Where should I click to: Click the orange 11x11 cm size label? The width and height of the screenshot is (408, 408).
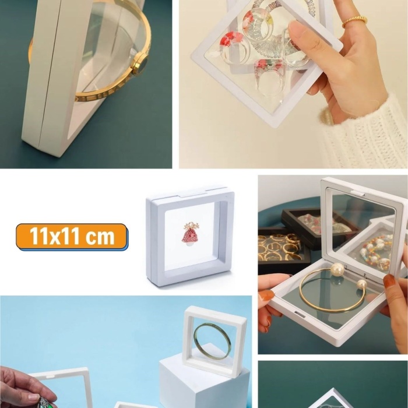point(72,237)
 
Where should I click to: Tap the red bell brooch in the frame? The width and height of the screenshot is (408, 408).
point(189,234)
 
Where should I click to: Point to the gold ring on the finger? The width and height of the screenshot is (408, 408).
point(354,22)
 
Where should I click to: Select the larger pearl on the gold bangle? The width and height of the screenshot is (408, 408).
point(337,269)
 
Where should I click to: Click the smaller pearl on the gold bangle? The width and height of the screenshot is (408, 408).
point(361,284)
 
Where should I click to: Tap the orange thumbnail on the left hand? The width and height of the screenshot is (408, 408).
point(267,296)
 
